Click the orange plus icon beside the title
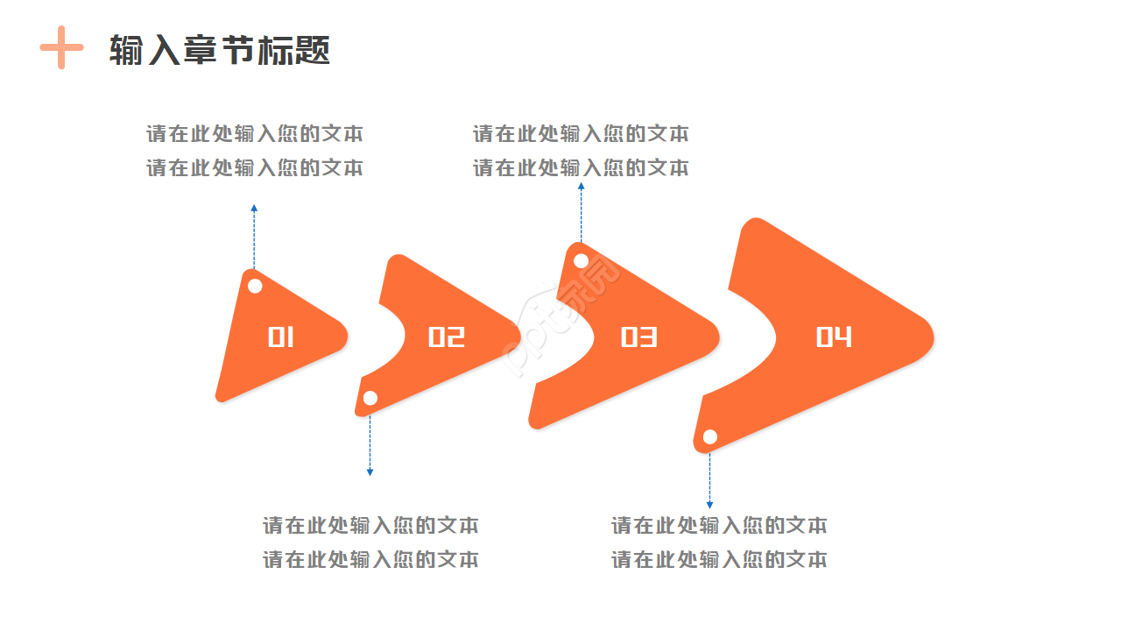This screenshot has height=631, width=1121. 61,47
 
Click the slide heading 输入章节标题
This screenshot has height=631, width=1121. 220,51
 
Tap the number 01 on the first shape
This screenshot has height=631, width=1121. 280,337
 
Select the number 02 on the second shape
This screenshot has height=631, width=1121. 446,337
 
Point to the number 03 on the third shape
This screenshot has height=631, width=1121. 638,337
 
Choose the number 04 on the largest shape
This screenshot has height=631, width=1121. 834,337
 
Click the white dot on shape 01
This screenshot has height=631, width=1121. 255,286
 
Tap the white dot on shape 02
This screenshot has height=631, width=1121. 370,398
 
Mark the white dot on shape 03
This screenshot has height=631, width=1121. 581,260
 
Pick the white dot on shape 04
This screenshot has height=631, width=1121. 710,436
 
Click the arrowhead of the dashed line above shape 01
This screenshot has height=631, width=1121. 254,209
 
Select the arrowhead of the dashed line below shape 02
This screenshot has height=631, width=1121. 370,472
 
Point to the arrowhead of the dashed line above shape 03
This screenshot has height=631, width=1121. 581,185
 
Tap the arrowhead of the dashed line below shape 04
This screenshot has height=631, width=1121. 709,505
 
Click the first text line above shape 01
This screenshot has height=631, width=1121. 254,134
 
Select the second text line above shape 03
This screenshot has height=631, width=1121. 581,167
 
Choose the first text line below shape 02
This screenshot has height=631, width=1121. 370,526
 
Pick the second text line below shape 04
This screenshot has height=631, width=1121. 719,559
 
